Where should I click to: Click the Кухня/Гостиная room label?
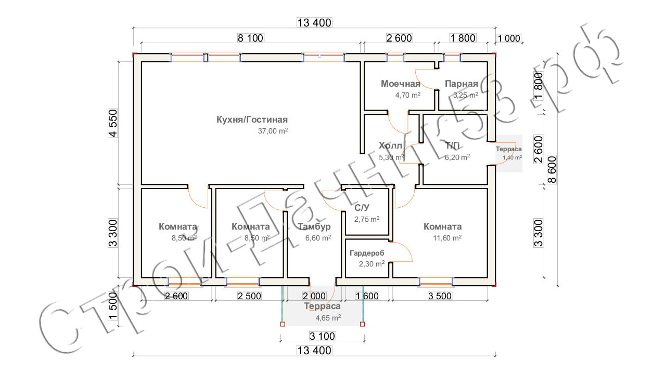[x=252, y=119]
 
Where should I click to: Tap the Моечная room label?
[x=400, y=84]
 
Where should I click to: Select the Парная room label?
[x=461, y=84]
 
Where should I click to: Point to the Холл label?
[x=390, y=145]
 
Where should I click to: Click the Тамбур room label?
[x=314, y=227]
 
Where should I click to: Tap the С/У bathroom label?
[x=362, y=208]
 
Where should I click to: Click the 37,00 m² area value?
[x=273, y=131]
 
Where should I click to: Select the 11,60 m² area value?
[x=446, y=238]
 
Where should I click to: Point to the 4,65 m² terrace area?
[x=328, y=317]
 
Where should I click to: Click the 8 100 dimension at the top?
[x=251, y=37]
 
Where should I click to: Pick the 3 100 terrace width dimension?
[x=323, y=336]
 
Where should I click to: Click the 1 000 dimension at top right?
[x=509, y=37]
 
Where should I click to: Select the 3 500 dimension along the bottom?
[x=439, y=296]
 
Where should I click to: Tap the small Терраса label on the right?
[x=508, y=149]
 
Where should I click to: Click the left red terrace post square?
[x=283, y=325]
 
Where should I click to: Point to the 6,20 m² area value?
[x=457, y=157]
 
